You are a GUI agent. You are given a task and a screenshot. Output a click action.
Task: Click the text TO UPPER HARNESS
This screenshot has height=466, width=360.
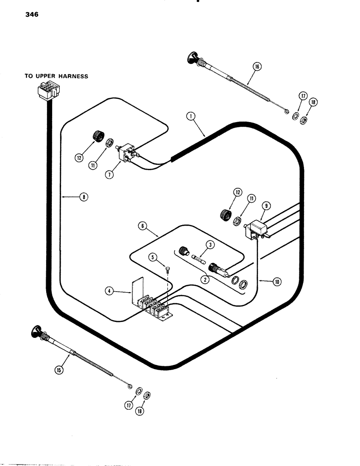[x=56, y=76]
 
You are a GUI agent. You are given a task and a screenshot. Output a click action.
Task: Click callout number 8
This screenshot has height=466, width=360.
[x=83, y=197]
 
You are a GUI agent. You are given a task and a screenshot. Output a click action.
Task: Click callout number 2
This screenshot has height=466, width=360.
[x=203, y=280]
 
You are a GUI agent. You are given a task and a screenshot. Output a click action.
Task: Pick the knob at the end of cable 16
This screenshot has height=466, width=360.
[x=192, y=59]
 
